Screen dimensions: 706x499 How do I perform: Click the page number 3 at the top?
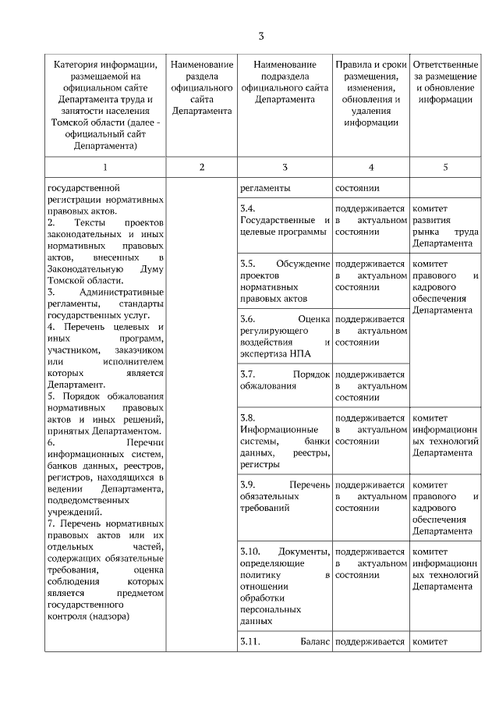[261, 36]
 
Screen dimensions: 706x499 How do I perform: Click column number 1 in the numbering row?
[104, 167]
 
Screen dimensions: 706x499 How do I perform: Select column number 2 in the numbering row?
[201, 167]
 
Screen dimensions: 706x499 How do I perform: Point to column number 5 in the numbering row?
[445, 167]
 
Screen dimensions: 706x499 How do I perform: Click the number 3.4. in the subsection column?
[248, 209]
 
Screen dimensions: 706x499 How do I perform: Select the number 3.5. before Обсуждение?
[248, 264]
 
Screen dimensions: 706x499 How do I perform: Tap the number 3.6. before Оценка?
[248, 319]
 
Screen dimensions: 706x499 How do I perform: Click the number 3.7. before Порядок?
[248, 374]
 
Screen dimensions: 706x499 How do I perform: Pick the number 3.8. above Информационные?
[248, 417]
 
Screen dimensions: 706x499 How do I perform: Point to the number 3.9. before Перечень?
[248, 484]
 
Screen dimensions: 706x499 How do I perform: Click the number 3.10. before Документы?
[251, 552]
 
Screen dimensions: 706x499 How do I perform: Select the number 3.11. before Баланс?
[250, 641]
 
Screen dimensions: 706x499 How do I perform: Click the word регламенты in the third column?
[265, 188]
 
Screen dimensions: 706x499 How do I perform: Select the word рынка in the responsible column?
[426, 232]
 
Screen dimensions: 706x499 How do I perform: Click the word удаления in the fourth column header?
[371, 111]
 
